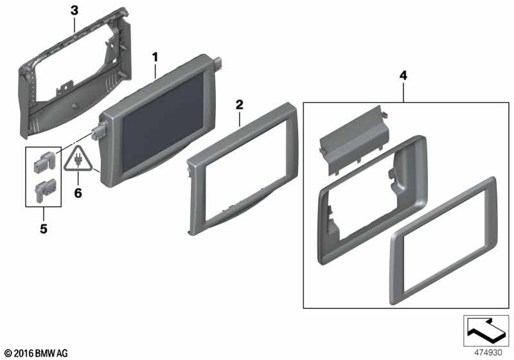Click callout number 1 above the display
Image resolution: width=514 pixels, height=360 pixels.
coord(155,57)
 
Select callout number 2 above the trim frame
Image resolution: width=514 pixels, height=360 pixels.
coord(240,105)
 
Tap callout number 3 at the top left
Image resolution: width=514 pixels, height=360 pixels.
coord(75,10)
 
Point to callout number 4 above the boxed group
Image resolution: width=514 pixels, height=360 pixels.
coord(403,76)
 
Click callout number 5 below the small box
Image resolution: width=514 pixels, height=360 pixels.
coord(44,229)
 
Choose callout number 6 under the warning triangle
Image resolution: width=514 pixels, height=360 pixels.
coord(78,193)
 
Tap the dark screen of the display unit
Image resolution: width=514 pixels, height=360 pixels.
coord(163,122)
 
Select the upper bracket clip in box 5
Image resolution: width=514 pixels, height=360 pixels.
coord(44,162)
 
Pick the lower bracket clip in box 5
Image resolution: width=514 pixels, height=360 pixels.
coord(44,190)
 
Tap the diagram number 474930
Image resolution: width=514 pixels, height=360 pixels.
coord(488,352)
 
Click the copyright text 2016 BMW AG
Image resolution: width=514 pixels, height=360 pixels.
coord(37,354)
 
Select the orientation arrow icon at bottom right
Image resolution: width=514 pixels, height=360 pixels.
coord(486,330)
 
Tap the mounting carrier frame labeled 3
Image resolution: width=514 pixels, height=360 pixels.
coord(75,72)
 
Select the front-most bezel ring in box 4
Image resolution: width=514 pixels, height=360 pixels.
coord(444,241)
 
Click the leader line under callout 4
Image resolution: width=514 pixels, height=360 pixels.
coord(403,92)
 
